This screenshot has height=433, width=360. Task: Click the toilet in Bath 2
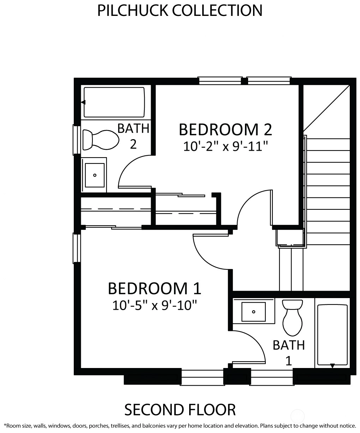coord(101,140)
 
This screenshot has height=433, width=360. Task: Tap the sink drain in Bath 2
coord(95,175)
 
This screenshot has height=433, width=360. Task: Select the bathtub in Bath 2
coord(114,102)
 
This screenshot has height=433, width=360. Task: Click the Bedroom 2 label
coord(225,130)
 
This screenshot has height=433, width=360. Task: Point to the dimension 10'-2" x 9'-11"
coord(226,146)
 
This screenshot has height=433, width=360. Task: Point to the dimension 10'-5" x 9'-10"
coord(154,305)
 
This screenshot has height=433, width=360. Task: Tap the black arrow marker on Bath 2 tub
coord(83,102)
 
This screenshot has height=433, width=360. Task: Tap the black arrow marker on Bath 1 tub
coord(332,366)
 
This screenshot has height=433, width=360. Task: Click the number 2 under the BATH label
coord(133,144)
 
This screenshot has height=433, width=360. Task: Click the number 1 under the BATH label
coord(289,361)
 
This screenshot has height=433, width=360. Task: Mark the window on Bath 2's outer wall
coord(77,140)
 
